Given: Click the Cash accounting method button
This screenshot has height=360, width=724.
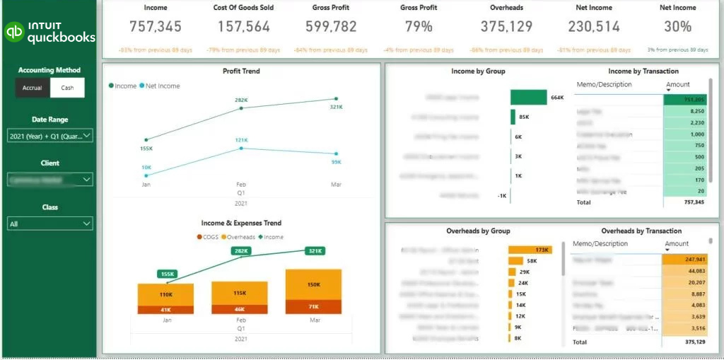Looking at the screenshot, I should [x=67, y=88].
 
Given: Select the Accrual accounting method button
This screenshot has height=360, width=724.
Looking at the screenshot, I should [x=33, y=88].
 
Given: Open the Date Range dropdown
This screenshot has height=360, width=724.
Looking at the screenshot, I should [x=49, y=135].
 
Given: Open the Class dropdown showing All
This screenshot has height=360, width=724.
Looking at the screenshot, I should [x=49, y=223].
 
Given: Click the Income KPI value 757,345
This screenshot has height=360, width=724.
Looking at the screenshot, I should [x=156, y=27].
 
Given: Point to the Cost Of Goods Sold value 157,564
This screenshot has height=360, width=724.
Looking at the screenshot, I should [x=243, y=27].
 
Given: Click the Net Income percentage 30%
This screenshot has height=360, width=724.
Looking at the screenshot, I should [x=677, y=27].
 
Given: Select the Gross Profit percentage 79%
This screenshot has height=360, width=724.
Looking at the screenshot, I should [x=419, y=27].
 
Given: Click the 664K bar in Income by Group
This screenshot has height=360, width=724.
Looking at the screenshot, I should [x=528, y=97].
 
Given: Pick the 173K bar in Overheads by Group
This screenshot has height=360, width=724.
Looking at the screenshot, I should [x=530, y=250].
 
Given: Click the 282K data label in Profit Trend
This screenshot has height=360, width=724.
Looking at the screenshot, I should [x=241, y=100].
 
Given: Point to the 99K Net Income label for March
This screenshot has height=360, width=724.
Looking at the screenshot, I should [x=337, y=162].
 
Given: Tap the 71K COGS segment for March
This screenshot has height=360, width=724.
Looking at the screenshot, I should [x=313, y=306].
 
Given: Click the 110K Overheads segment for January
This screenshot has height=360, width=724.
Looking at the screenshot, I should [x=166, y=294].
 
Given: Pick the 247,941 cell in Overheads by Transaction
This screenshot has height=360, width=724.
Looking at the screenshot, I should [x=685, y=260].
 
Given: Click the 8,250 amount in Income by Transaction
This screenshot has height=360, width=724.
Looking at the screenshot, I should [x=685, y=111].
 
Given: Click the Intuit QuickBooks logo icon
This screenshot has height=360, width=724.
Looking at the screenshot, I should [x=14, y=32].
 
